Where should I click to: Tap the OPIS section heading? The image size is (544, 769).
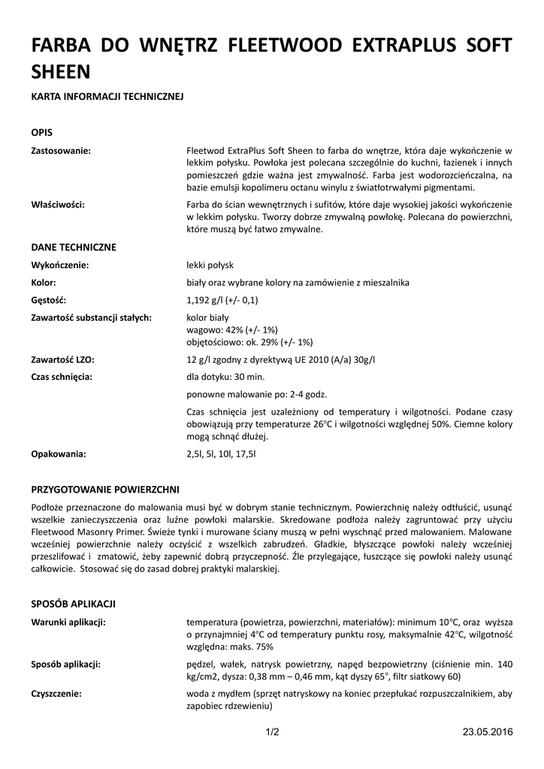click(41, 131)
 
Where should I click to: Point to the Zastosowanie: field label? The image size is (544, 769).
click(61, 150)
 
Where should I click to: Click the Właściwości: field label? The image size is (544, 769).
click(57, 204)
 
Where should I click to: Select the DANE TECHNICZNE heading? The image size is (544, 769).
click(74, 246)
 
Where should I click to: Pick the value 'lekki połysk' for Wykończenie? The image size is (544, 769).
click(210, 265)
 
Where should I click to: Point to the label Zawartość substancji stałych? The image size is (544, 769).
click(92, 318)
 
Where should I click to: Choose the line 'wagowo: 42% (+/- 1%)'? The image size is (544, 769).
click(232, 330)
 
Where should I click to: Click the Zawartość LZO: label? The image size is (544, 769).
click(62, 360)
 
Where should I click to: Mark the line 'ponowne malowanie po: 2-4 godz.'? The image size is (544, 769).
click(256, 394)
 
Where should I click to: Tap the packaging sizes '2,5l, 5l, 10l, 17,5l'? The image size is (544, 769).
click(221, 454)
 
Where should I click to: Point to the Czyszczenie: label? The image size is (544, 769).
click(56, 694)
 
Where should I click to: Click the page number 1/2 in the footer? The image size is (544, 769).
click(272, 732)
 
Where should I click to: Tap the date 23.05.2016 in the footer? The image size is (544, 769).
click(487, 732)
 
